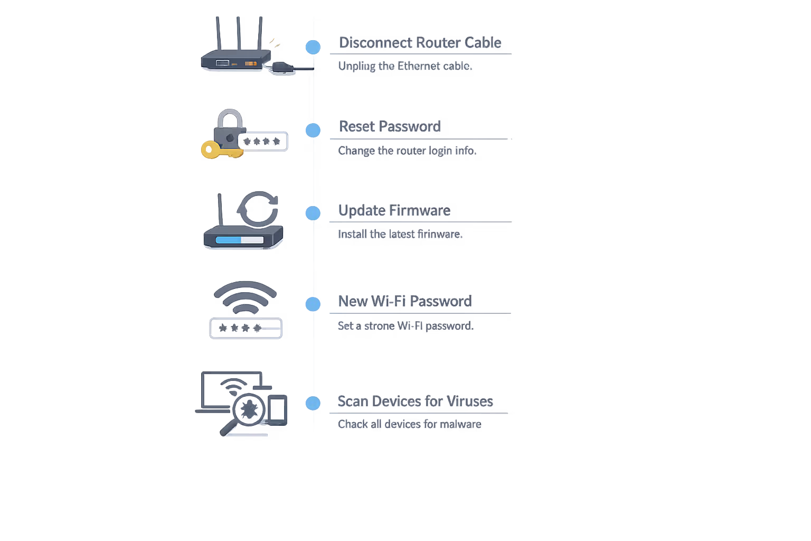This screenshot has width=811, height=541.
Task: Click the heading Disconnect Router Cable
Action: (x=420, y=43)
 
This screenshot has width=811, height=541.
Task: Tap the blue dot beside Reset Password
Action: (x=313, y=130)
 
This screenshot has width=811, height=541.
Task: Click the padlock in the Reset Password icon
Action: (x=229, y=129)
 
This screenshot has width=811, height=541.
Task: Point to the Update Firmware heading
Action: (x=394, y=210)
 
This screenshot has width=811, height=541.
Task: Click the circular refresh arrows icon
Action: (x=258, y=209)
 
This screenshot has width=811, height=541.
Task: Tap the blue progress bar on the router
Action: (x=229, y=240)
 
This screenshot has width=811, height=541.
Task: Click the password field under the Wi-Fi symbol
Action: (x=246, y=328)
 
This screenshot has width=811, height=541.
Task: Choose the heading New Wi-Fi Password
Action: (x=404, y=301)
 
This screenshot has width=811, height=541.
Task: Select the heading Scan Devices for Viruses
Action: (x=415, y=401)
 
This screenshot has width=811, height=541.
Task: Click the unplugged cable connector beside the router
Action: (x=282, y=67)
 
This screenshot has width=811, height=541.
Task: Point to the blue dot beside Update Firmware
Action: (x=313, y=213)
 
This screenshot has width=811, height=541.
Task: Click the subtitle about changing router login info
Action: (x=405, y=151)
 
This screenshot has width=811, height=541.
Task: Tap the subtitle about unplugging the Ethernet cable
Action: (x=404, y=66)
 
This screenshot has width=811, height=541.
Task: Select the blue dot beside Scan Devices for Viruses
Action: (x=313, y=403)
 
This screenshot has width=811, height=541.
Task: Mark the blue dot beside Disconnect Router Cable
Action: (x=313, y=47)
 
